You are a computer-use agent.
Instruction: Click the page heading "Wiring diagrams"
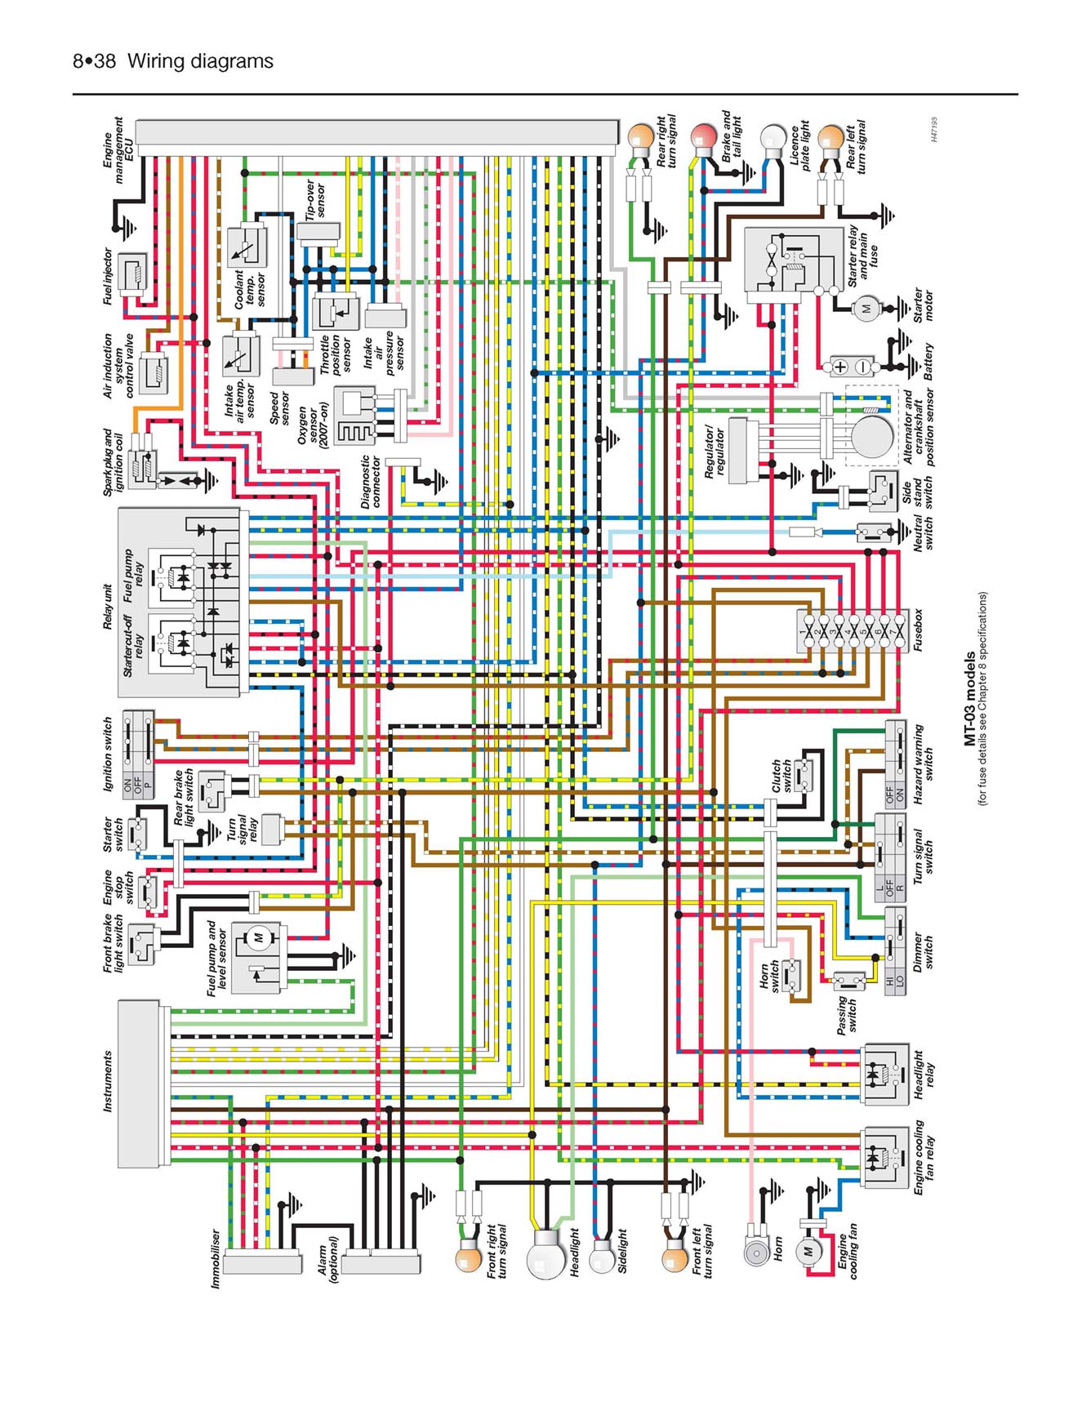pyautogui.click(x=200, y=61)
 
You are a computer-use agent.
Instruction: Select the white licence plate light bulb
pyautogui.click(x=773, y=137)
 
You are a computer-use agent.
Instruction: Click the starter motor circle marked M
pyautogui.click(x=866, y=309)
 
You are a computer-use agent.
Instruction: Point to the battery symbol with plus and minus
pyautogui.click(x=850, y=366)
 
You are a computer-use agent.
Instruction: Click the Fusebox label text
pyautogui.click(x=918, y=630)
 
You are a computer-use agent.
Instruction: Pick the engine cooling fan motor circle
pyautogui.click(x=808, y=1252)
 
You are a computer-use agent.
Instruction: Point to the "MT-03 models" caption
pyautogui.click(x=969, y=698)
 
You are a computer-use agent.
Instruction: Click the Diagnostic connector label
pyautogui.click(x=371, y=482)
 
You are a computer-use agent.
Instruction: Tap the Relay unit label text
pyautogui.click(x=108, y=606)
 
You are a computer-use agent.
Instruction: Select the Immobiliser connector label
pyautogui.click(x=216, y=1259)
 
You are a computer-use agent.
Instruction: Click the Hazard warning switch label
pyautogui.click(x=923, y=764)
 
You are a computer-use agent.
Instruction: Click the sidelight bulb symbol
pyautogui.click(x=601, y=1257)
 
